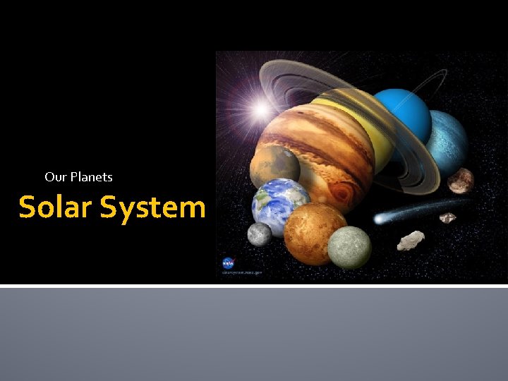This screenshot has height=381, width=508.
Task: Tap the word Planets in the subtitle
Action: [90, 177]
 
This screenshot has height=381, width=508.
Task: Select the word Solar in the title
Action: [56, 207]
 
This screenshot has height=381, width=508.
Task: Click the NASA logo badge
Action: [229, 262]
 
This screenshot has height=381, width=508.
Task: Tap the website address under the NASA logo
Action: [242, 270]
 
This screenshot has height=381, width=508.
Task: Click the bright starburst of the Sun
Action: [262, 108]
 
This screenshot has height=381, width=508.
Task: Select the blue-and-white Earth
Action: [280, 205]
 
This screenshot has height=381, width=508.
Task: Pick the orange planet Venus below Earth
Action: [314, 232]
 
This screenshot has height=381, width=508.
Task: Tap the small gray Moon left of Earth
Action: [260, 234]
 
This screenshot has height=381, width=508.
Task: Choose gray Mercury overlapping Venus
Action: [349, 247]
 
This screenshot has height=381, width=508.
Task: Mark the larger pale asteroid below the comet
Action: [411, 241]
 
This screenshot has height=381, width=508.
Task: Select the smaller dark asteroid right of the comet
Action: [448, 218]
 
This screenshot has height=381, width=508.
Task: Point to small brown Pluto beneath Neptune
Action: [460, 181]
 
